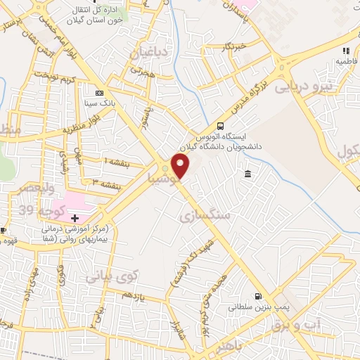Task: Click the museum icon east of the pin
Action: [x=248, y=174]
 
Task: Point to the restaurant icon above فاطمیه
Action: [x=346, y=51]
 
